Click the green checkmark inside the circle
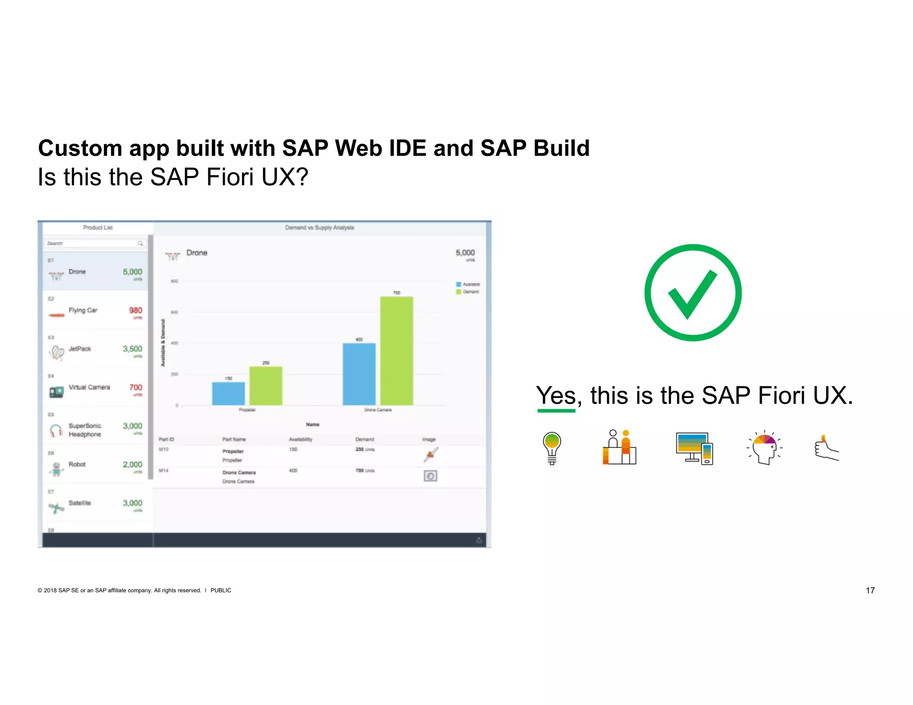pyautogui.click(x=691, y=295)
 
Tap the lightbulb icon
pyautogui.click(x=551, y=447)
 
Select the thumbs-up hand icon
pyautogui.click(x=826, y=448)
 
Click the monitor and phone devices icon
pyautogui.click(x=694, y=448)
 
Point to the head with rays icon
pyautogui.click(x=765, y=447)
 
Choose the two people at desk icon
pyautogui.click(x=619, y=447)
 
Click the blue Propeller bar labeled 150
pyautogui.click(x=228, y=393)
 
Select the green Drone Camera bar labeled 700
pyautogui.click(x=396, y=351)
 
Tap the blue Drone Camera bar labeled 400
pyautogui.click(x=359, y=374)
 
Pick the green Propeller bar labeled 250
pyautogui.click(x=266, y=385)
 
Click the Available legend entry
pyautogui.click(x=468, y=284)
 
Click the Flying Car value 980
pyautogui.click(x=136, y=310)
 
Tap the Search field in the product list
pyautogui.click(x=91, y=243)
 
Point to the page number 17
pyautogui.click(x=870, y=590)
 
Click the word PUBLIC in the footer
pyautogui.click(x=221, y=590)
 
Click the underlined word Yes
pyautogui.click(x=556, y=395)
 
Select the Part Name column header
pyautogui.click(x=234, y=439)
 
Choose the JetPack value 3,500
pyautogui.click(x=132, y=349)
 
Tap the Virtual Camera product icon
pyautogui.click(x=56, y=392)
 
